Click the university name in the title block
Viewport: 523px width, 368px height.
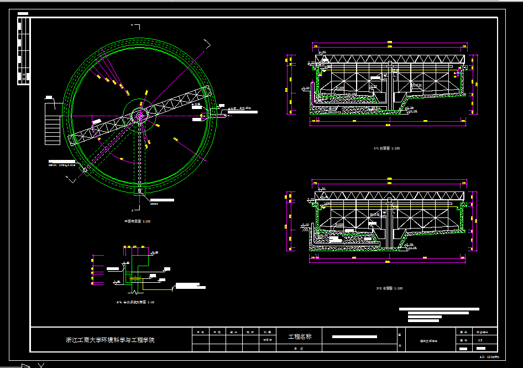[x=111, y=340]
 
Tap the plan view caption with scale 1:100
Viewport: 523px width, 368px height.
[x=137, y=221]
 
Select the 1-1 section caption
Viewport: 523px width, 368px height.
[x=386, y=148]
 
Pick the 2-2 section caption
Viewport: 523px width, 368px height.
[x=386, y=288]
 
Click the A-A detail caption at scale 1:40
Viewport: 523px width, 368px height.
[x=135, y=302]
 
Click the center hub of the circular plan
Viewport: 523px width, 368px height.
[x=140, y=115]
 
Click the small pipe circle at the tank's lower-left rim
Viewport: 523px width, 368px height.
[x=85, y=170]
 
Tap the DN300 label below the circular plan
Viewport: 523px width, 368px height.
[x=154, y=204]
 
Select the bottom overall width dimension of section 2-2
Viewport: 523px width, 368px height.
[x=390, y=261]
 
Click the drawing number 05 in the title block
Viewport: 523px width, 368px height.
[x=480, y=340]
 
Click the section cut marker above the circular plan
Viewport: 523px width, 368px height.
[x=134, y=25]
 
